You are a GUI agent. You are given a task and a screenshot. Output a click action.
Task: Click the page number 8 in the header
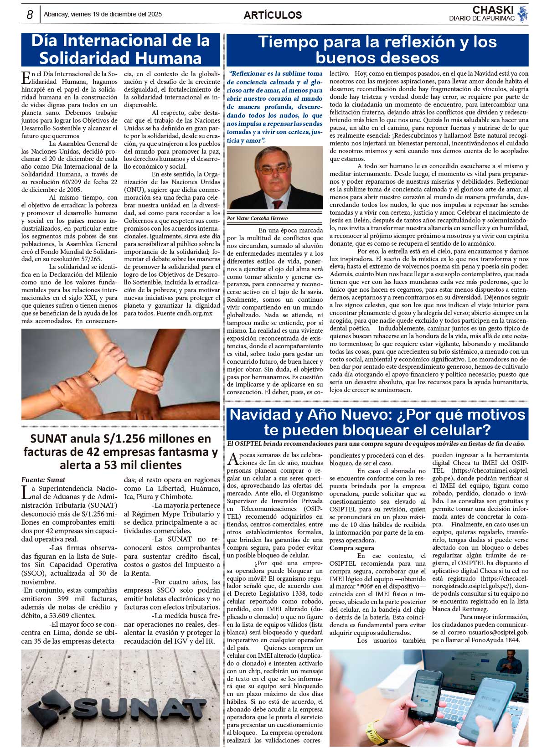click(30, 15)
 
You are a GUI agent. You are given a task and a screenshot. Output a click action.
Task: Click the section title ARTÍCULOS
click(273, 15)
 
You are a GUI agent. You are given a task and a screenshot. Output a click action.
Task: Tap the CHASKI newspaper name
click(493, 10)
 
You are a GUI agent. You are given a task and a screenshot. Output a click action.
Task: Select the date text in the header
click(103, 15)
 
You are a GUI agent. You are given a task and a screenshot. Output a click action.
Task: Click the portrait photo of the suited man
click(274, 178)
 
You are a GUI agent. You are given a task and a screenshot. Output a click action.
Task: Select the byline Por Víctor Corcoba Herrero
click(258, 218)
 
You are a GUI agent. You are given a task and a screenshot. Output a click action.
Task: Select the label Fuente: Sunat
click(43, 480)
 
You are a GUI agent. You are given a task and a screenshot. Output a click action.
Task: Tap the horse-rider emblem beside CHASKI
click(522, 15)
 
